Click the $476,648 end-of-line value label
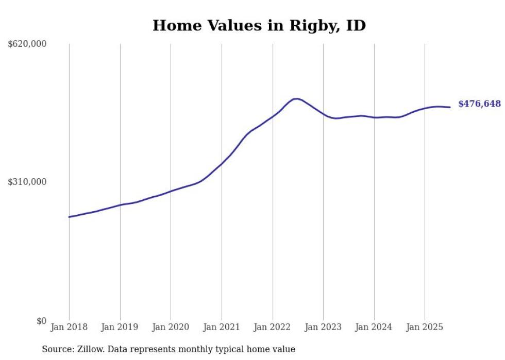479,104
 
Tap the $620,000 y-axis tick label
27,44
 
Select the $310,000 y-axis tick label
27,182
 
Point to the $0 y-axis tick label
41,321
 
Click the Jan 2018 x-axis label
69,327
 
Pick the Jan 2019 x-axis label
120,327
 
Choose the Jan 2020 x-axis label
171,327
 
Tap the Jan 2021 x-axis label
222,327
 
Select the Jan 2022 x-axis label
273,327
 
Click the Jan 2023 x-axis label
323,327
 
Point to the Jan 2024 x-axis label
374,327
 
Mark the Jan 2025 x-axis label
425,327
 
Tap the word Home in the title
175,26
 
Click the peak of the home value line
296,98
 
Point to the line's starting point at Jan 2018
69,217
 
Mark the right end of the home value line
450,107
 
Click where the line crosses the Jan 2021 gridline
222,164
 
